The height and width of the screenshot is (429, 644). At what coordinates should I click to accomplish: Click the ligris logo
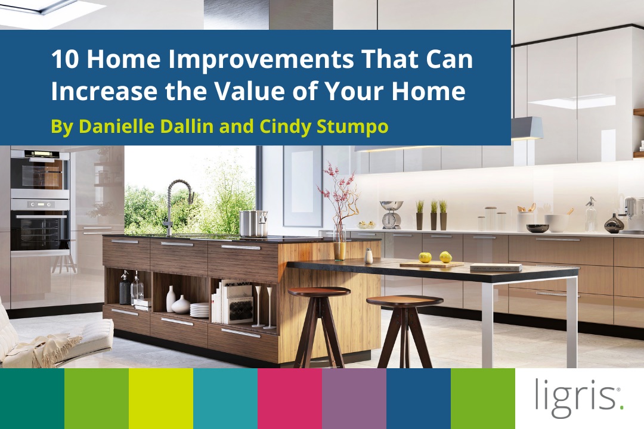[578, 398]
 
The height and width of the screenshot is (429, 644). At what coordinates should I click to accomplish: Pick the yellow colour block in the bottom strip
[161, 398]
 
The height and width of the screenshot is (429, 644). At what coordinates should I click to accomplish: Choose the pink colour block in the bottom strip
[290, 398]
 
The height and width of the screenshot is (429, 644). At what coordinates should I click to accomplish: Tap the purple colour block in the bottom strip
[354, 398]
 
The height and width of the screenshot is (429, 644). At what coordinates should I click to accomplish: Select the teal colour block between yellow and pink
[225, 398]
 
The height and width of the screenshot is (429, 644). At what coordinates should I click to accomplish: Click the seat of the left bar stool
[319, 291]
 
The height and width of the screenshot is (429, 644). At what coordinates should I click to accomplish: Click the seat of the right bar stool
[404, 300]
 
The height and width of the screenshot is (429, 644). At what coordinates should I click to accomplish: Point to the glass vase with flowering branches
[339, 238]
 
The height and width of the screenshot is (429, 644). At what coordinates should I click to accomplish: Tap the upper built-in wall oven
[39, 170]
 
